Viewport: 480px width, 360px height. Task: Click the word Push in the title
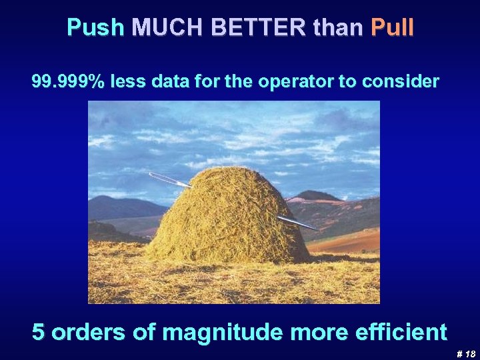point(96,27)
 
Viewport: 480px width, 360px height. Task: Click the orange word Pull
point(392,27)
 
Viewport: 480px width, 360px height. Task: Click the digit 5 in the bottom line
point(39,331)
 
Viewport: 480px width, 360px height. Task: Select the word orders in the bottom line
point(88,331)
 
